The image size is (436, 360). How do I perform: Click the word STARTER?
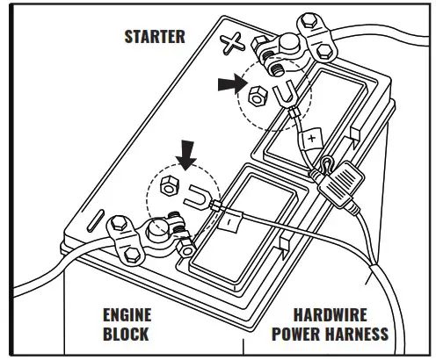coord(154,37)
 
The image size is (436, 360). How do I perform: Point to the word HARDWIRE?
coord(330,314)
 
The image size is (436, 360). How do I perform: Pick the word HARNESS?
coord(358,334)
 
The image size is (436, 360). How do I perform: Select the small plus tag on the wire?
coord(311,139)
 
